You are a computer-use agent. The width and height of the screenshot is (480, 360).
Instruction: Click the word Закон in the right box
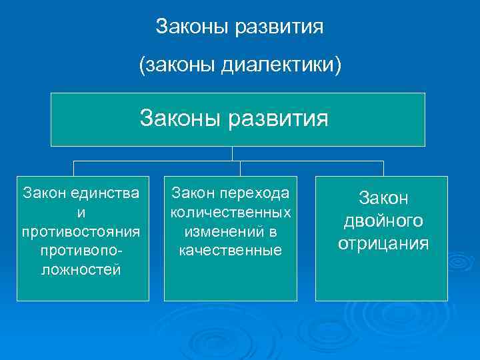tap(383, 198)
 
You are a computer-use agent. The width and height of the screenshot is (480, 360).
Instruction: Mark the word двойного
tap(383, 221)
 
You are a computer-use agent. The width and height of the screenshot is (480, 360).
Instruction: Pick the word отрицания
tap(383, 243)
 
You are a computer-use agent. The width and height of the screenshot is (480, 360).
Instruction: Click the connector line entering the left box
tap(73, 168)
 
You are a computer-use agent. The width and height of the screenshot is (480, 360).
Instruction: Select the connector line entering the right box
tap(383, 168)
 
